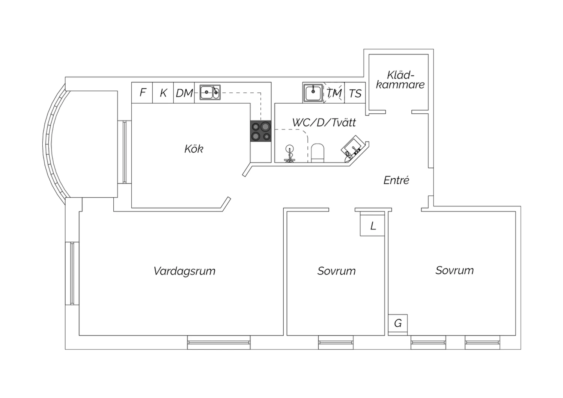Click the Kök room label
pos(194,149)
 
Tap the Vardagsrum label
pos(184,271)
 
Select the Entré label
pos(396,181)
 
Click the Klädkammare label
pos(400,80)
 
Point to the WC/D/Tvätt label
pos(324,122)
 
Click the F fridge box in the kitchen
pos(142,93)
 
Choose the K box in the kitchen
pos(163,93)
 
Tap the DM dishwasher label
pos(184,93)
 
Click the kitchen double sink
pos(210,92)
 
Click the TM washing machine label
pos(334,93)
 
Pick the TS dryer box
pos(355,93)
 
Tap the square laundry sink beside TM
pos(313,93)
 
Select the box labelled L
pos(373,226)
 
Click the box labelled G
pos(398,323)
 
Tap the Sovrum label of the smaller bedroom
pos(336,271)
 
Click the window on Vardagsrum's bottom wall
pos(218,342)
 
